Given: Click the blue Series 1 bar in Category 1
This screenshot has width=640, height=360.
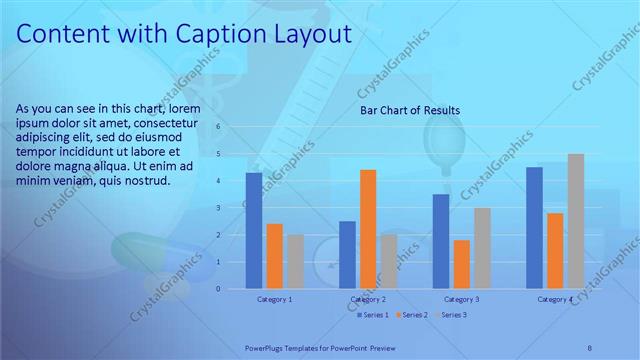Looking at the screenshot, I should pos(254,231).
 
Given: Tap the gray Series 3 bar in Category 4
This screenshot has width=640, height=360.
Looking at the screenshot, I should pos(575,221).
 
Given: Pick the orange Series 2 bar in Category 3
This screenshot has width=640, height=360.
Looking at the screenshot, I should pos(461,264).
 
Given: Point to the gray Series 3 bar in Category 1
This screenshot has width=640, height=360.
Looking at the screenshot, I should pos(295,262).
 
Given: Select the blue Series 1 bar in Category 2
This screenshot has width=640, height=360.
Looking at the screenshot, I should pos(347,255).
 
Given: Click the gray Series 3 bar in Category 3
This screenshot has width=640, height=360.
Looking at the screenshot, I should pos(482,248).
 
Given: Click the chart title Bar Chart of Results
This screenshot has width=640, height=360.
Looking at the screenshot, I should pos(410,111).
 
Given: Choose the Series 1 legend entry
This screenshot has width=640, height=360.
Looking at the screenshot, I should pos(373,315).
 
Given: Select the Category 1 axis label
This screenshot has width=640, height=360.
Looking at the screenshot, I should pos(274,299).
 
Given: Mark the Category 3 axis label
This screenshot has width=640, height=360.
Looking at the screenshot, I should pos(462,299).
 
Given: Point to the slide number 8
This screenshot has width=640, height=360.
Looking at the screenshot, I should pos(589,348).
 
